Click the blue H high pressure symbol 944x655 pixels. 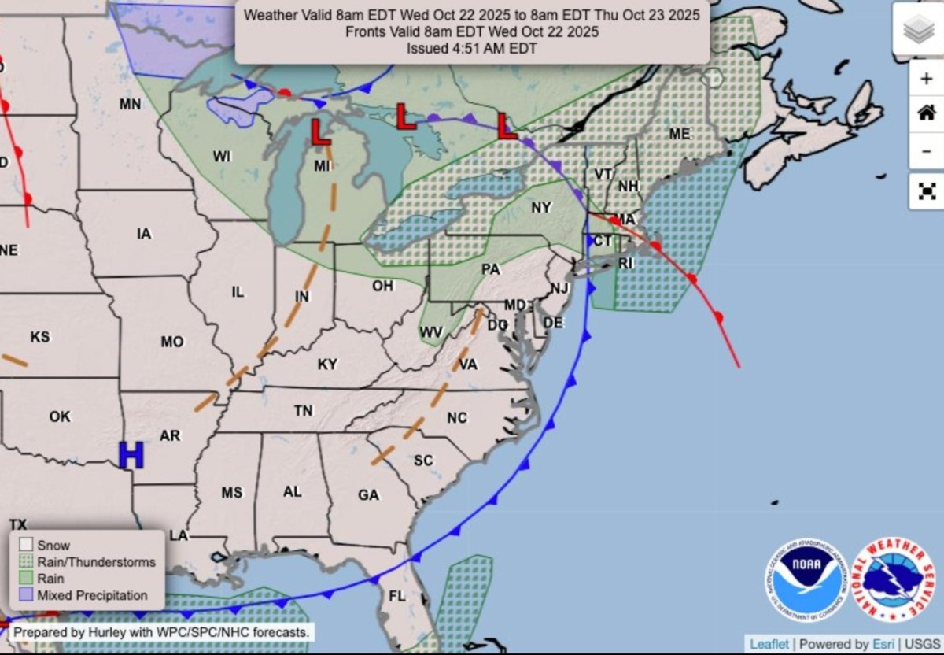131,455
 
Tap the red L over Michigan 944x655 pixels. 320,131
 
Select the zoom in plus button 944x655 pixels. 925,78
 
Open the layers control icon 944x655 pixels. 917,30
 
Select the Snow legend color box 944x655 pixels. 27,545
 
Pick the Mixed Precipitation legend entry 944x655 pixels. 91,595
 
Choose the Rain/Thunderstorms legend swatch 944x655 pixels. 27,562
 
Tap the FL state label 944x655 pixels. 397,596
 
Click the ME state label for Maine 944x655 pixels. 680,134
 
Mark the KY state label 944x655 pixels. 327,365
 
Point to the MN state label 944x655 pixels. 130,104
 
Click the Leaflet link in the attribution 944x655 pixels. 769,644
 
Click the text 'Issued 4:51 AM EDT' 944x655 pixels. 472,48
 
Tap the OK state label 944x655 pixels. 60,416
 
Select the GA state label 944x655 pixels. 368,495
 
